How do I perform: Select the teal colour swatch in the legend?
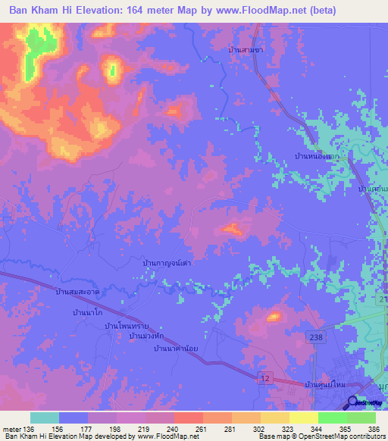tap(45, 418)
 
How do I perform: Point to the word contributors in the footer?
tap(364, 437)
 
